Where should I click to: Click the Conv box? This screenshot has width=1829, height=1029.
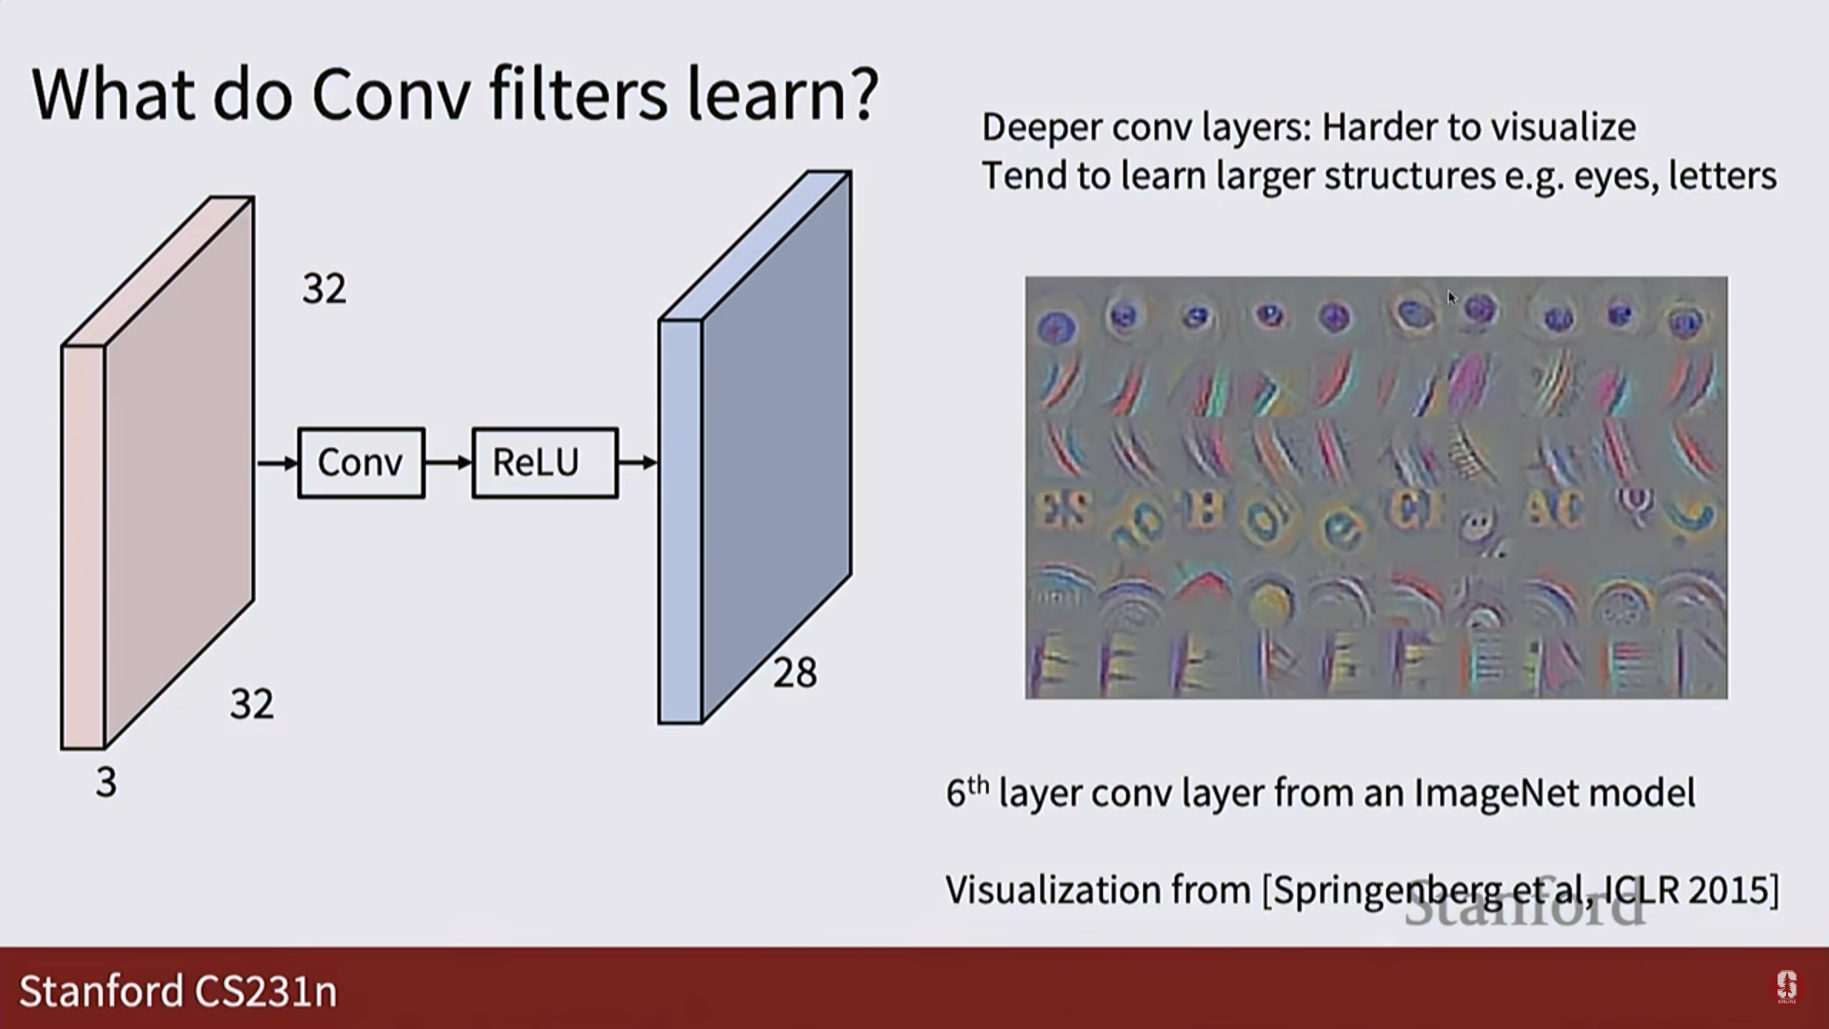click(x=361, y=463)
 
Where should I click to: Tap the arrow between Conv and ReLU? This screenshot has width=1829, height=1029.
click(x=449, y=463)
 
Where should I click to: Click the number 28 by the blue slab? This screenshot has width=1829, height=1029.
click(x=794, y=674)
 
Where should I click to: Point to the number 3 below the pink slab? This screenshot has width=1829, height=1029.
click(x=106, y=782)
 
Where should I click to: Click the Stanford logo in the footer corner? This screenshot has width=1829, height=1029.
click(x=1786, y=987)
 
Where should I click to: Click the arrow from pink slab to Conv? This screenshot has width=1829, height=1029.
click(x=277, y=463)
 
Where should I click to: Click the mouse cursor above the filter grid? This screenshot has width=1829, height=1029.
click(x=1451, y=298)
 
